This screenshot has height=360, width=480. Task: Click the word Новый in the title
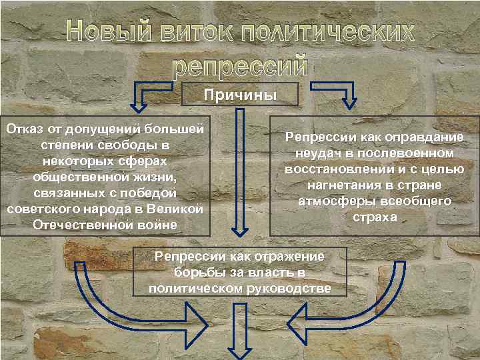click(x=107, y=33)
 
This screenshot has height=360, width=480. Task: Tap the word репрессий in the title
click(x=240, y=66)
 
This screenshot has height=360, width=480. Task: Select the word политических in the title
click(x=327, y=33)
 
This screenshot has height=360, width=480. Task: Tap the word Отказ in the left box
click(x=23, y=127)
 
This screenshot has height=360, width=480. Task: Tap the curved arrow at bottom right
click(x=353, y=313)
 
